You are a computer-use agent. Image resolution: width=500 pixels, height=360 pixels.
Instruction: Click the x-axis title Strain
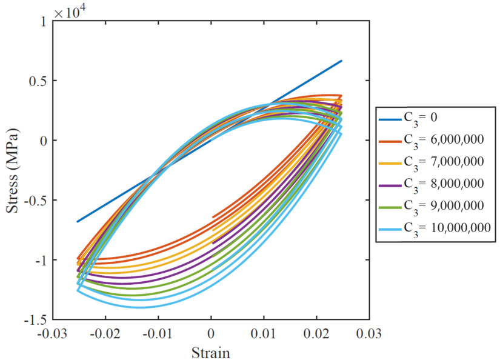click(210, 352)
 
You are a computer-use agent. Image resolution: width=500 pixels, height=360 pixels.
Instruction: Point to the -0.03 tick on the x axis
click(53, 333)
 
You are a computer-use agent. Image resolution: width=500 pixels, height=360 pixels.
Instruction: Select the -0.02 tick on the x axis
click(105, 333)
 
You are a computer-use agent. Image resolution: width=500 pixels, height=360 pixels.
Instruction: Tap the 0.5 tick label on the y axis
click(38, 81)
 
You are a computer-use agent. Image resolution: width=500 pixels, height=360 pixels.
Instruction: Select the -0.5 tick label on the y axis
click(35, 201)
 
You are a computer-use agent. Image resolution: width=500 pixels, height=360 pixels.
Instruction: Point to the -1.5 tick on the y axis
click(35, 319)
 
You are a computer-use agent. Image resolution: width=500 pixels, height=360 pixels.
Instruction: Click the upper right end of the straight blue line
click(342, 61)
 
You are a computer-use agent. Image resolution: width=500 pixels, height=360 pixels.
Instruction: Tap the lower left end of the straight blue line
click(77, 222)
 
